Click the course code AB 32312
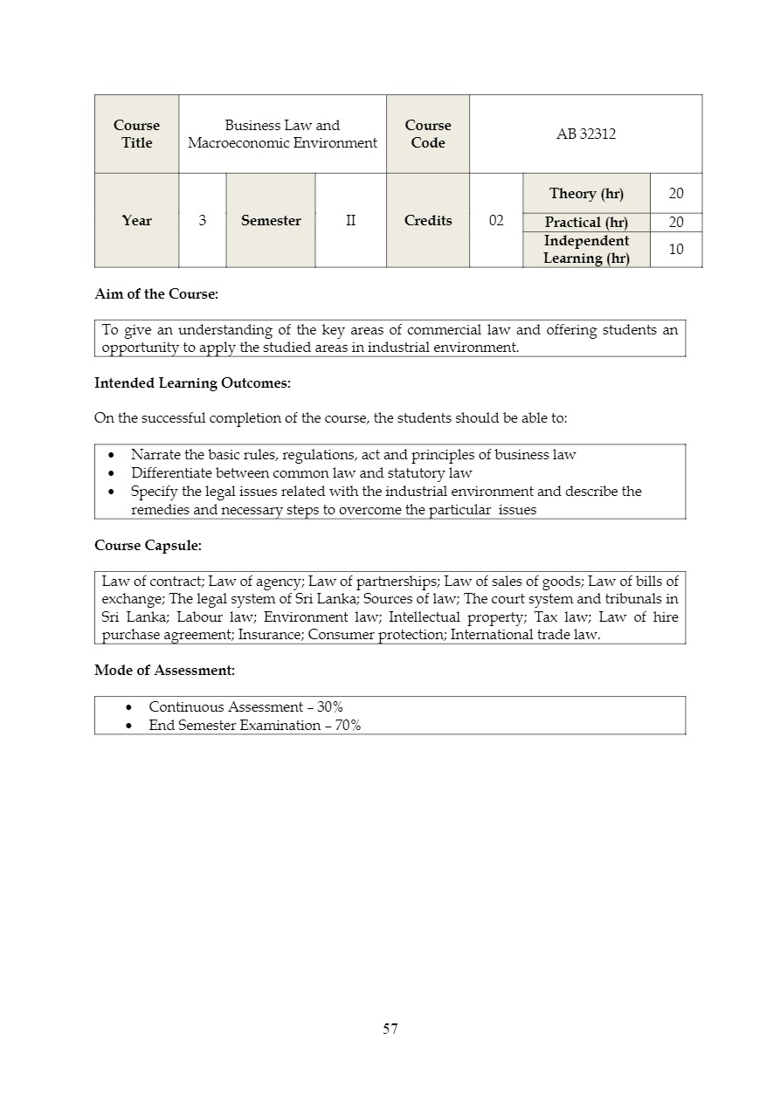(x=586, y=134)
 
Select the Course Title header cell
(x=136, y=134)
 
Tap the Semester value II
(x=350, y=221)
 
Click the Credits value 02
(x=496, y=221)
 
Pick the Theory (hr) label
(x=586, y=194)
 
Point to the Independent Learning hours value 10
(x=676, y=250)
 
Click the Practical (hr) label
(x=586, y=223)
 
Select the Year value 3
(x=203, y=221)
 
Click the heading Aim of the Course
(x=156, y=294)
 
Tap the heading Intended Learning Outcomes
(x=192, y=383)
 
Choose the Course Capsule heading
(x=148, y=546)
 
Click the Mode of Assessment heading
(x=164, y=671)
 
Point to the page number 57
(x=390, y=1029)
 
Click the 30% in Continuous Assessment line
(x=330, y=707)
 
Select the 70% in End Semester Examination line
(x=349, y=726)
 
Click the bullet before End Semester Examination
(x=129, y=726)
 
